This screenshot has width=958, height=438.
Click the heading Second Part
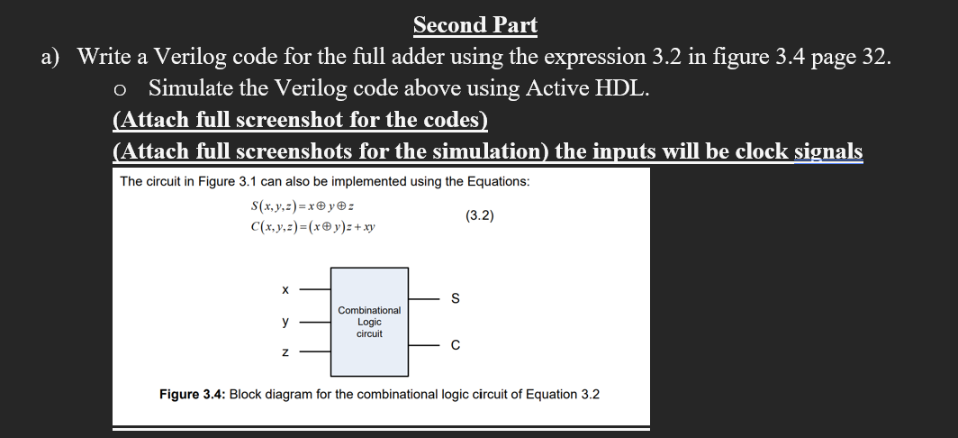tap(475, 25)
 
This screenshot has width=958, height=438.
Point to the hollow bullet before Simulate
tap(121, 90)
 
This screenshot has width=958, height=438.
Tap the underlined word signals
tap(828, 151)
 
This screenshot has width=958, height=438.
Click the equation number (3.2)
tap(480, 215)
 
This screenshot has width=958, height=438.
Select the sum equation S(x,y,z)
tap(303, 206)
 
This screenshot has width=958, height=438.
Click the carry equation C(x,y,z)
tap(312, 227)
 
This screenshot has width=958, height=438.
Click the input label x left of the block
tap(285, 289)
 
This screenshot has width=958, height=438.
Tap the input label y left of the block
tap(285, 322)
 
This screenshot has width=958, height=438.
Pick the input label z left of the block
tap(285, 352)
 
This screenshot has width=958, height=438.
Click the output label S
tap(455, 299)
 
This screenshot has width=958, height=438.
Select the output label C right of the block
tap(455, 346)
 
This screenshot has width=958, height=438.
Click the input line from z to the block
tap(315, 352)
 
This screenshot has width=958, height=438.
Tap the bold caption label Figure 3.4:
tap(193, 395)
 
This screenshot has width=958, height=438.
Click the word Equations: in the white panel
tap(499, 182)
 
